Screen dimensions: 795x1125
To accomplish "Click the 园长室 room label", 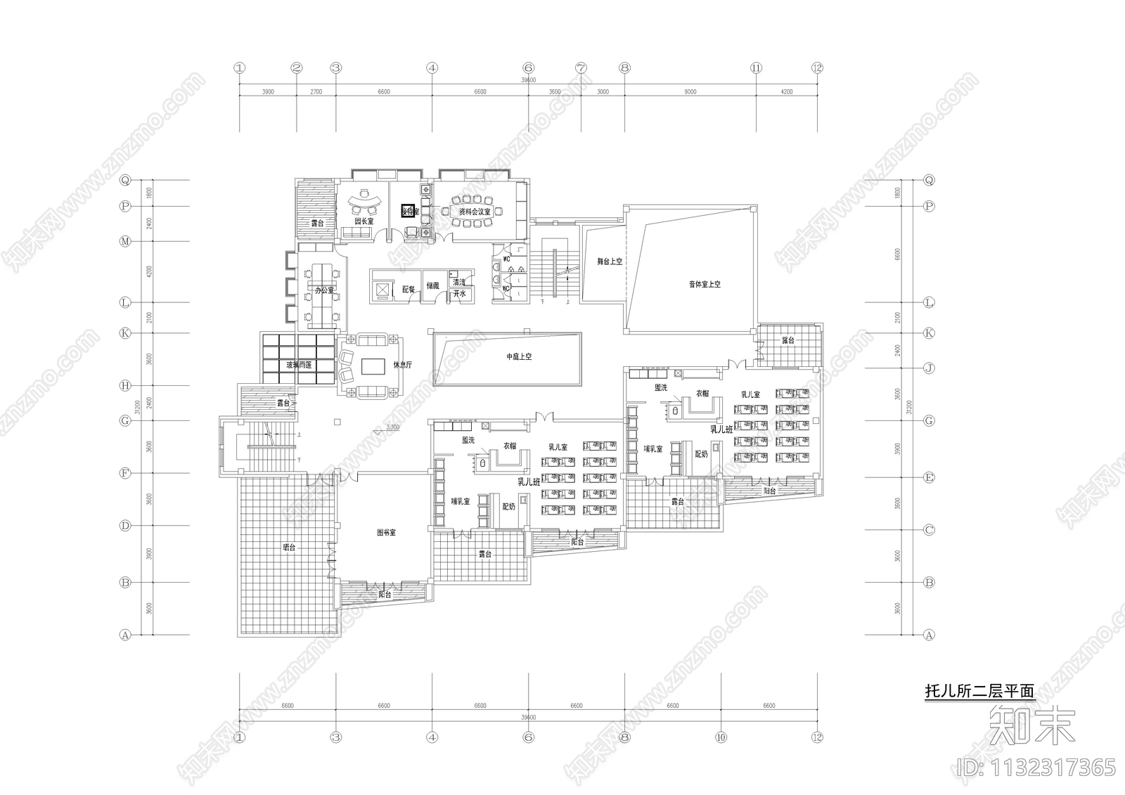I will [364, 221].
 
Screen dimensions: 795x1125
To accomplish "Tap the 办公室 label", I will [324, 290].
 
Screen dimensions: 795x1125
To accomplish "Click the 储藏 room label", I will [432, 286].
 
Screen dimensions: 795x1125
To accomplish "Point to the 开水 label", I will [459, 294].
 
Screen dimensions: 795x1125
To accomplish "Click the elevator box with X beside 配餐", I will [382, 289].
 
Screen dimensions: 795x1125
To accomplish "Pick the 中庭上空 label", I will [519, 357].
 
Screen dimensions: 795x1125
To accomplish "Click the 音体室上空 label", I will [704, 285].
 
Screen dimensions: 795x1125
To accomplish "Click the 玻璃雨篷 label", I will [299, 365].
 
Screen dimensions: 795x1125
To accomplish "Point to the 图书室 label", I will [386, 533].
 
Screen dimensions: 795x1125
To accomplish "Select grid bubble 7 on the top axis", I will [581, 68].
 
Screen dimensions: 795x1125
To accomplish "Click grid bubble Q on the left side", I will [125, 180].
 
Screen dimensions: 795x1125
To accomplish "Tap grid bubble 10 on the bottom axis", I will [720, 737].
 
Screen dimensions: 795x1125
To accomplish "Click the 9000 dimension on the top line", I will [690, 91].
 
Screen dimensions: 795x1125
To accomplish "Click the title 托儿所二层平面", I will [979, 691].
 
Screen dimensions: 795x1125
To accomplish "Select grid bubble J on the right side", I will [929, 367].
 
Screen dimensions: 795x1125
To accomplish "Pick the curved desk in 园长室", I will [364, 201].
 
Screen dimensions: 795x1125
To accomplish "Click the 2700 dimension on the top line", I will [316, 91].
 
